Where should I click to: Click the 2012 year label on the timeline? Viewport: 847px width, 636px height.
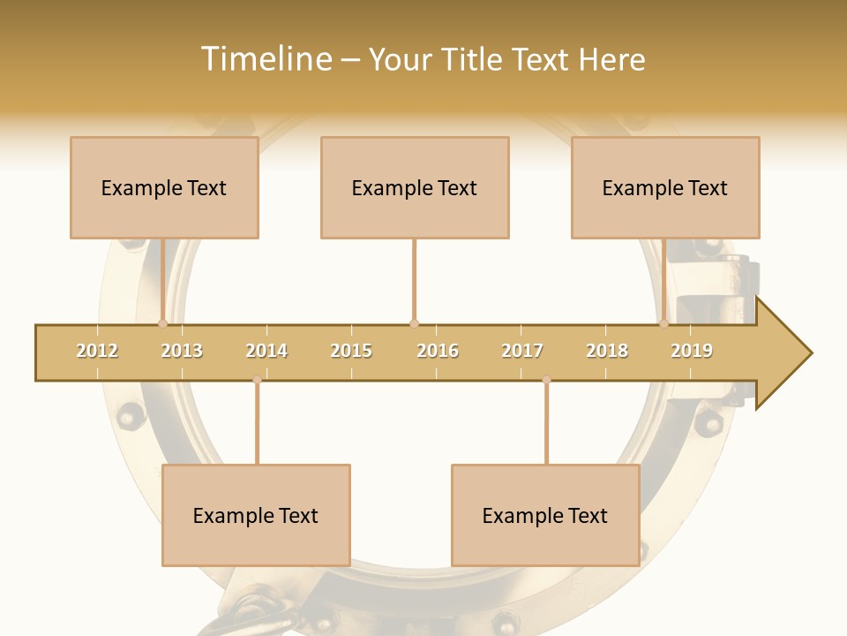tap(97, 351)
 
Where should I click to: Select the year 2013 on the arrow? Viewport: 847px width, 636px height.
tap(182, 351)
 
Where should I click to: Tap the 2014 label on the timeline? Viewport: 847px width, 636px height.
tap(266, 351)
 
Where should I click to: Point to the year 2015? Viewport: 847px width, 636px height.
tap(351, 351)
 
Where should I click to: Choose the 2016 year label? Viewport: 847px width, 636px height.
tap(438, 351)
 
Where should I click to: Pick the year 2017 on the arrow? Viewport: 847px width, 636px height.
tap(522, 351)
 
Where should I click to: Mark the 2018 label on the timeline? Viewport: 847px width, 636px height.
tap(607, 351)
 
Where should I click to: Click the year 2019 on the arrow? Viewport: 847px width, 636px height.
tap(692, 351)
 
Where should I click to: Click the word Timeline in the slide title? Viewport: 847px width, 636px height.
tap(266, 59)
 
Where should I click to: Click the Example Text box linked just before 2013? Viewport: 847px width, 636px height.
tap(164, 187)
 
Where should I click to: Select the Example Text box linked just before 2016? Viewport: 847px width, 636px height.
tap(415, 187)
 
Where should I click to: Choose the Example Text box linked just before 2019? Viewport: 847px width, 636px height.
tap(665, 187)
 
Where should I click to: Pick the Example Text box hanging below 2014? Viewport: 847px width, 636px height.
tap(256, 515)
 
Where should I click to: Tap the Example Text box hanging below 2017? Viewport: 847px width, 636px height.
tap(545, 515)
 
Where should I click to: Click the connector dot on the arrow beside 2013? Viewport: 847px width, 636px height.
tap(162, 323)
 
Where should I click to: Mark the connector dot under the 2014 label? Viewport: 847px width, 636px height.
tap(257, 380)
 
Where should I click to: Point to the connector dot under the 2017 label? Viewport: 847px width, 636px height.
tap(546, 380)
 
